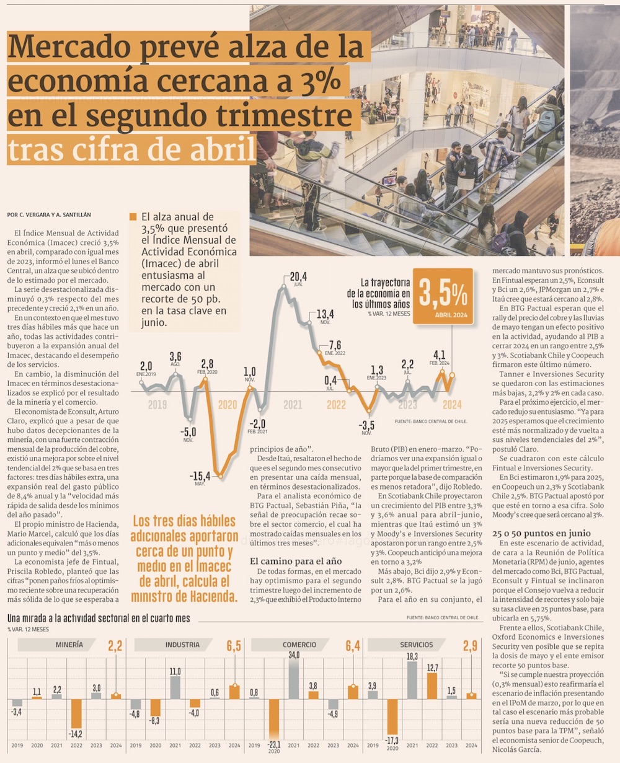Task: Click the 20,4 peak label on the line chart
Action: [x=298, y=276]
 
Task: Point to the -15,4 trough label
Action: [x=200, y=476]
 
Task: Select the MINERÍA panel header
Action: [x=69, y=645]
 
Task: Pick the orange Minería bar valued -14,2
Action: [x=76, y=713]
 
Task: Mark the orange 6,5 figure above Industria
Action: [x=234, y=646]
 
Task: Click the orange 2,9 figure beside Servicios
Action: [x=470, y=646]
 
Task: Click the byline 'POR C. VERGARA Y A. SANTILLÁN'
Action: [x=50, y=215]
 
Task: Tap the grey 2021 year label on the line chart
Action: [x=293, y=405]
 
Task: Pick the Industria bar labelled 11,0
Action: [x=175, y=687]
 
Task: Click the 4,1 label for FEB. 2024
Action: [x=440, y=355]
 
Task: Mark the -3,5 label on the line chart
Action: [x=367, y=425]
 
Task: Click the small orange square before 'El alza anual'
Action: [x=133, y=217]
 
